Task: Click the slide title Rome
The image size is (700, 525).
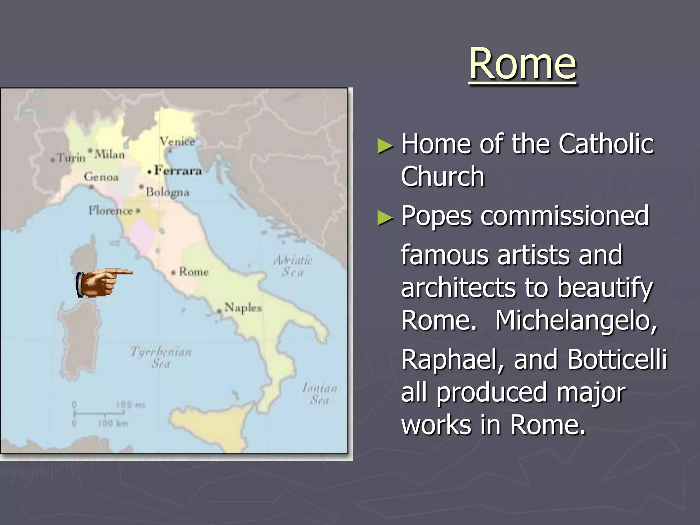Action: coord(523,64)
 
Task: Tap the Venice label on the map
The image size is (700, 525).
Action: coord(177,141)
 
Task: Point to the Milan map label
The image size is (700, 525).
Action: coord(109,154)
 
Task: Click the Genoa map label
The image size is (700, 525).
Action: coord(101,177)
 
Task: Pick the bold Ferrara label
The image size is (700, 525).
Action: coord(178,170)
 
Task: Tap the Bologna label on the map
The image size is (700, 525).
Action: coord(167,192)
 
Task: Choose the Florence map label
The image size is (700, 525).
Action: coord(110,211)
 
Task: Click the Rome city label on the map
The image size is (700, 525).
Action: coord(193,272)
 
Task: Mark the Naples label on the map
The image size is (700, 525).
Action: coord(243,308)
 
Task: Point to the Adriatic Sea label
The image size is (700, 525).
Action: coord(293,266)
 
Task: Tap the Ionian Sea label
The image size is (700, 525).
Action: coord(320,394)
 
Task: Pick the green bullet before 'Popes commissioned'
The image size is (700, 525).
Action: coord(385,218)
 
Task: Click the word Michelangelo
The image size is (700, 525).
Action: coord(576,321)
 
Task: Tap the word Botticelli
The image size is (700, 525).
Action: coord(617,360)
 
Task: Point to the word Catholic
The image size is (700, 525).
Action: coord(606,144)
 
